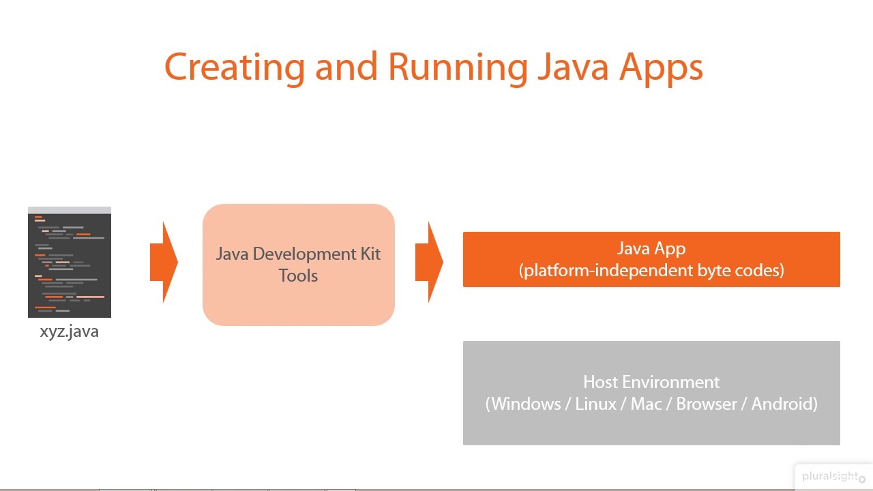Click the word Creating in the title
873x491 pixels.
coord(235,68)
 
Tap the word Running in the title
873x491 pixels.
coord(458,68)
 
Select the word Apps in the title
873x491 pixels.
coord(662,68)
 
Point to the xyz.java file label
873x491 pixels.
coord(70,332)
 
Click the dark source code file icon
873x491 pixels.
coord(70,263)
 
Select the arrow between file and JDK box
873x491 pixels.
coord(164,263)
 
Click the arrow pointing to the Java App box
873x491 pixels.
coord(429,263)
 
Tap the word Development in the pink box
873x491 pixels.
coord(304,254)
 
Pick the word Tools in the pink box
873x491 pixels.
coord(298,276)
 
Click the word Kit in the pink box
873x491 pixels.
coord(370,254)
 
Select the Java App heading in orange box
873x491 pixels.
coord(651,249)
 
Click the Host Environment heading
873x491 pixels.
coord(651,383)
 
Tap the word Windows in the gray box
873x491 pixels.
coord(523,404)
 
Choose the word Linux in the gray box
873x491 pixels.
coord(595,404)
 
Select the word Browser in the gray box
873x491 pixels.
coord(707,404)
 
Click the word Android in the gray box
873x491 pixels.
coord(784,404)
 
